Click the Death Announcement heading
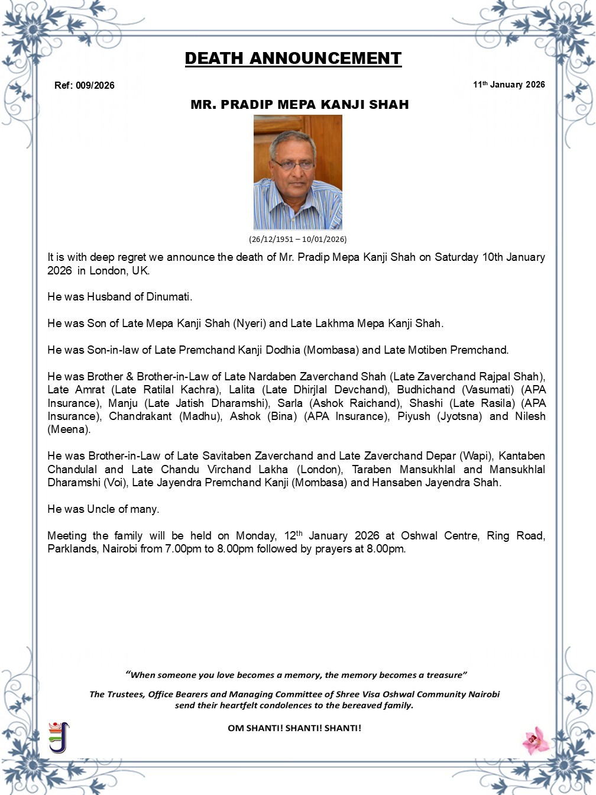point(293,59)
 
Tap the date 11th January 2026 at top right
point(508,85)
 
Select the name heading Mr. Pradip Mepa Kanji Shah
point(300,105)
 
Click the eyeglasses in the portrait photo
point(293,164)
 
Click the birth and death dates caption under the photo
point(297,240)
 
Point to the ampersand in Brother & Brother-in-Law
point(129,377)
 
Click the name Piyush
point(414,416)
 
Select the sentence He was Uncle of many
point(103,509)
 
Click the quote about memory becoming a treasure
point(296,675)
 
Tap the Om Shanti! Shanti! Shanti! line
point(294,728)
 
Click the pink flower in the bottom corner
point(536,740)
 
